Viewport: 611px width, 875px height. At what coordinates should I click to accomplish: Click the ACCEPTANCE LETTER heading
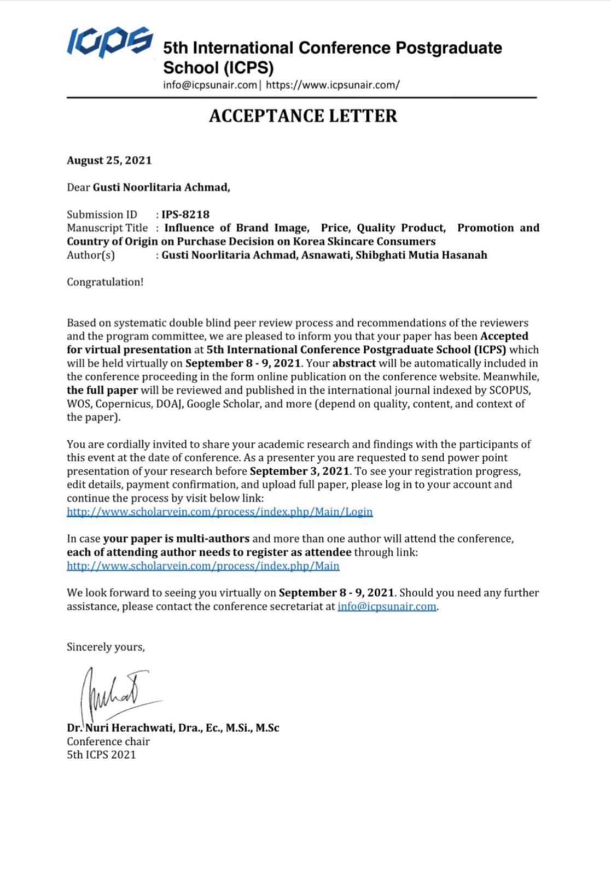click(303, 116)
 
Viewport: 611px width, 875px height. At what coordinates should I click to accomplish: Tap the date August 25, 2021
click(109, 160)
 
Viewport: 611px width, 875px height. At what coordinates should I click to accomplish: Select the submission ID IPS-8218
click(185, 214)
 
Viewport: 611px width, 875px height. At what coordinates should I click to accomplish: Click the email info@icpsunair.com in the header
click(210, 85)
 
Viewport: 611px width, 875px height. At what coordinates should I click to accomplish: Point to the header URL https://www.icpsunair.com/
click(333, 85)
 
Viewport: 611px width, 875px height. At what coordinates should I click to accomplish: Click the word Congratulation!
click(105, 282)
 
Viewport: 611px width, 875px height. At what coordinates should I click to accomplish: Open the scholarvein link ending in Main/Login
click(219, 512)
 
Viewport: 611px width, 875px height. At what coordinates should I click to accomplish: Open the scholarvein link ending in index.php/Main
click(203, 565)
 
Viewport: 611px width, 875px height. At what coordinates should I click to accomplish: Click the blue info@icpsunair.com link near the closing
click(387, 606)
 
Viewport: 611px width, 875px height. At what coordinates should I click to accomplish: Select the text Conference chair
click(108, 742)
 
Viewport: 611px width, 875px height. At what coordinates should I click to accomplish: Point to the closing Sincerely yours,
click(106, 647)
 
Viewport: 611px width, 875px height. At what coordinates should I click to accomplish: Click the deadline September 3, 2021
click(299, 471)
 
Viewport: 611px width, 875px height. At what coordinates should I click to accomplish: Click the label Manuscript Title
click(107, 228)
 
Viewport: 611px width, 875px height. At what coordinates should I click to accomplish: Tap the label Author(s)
click(91, 255)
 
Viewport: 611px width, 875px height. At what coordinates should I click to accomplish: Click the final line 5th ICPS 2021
click(101, 755)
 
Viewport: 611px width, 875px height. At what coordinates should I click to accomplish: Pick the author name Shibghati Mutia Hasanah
click(421, 255)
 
